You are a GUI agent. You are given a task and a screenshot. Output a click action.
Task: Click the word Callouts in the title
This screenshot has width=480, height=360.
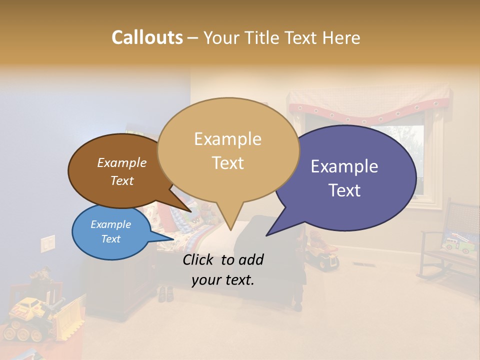tap(147, 38)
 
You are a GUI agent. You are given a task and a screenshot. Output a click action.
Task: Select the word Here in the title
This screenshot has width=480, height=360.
tap(342, 38)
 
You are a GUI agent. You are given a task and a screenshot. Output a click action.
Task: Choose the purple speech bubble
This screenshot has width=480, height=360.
tap(350, 177)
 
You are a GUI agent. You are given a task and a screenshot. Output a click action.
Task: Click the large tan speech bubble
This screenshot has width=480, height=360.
tap(228, 150)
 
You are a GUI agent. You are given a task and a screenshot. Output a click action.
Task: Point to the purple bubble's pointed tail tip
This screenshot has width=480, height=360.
tap(267, 235)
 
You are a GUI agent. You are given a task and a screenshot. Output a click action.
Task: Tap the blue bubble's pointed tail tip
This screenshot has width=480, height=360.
tap(174, 238)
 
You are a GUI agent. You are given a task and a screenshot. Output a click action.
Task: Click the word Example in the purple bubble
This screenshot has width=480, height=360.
tap(344, 166)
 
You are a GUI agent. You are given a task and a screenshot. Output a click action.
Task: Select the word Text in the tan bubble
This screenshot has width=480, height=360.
tap(228, 163)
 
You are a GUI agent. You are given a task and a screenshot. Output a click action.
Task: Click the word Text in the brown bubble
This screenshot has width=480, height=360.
tap(122, 181)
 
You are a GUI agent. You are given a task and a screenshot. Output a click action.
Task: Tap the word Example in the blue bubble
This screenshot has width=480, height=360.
tap(111, 224)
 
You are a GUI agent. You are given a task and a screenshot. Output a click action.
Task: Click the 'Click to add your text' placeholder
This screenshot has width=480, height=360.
tap(222, 269)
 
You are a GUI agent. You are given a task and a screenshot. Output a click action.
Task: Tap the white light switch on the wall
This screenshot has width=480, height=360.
tap(47, 243)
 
